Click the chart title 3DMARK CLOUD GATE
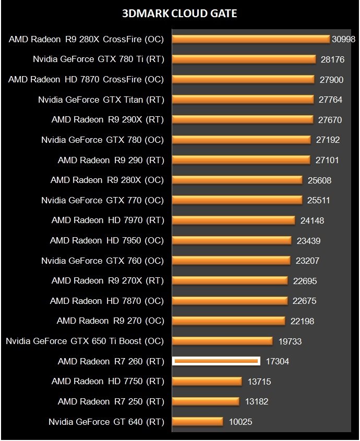(x=179, y=14)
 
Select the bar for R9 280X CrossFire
(x=250, y=39)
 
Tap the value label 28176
(x=332, y=59)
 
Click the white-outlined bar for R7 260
(x=216, y=361)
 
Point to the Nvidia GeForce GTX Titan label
(x=101, y=100)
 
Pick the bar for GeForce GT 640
(x=197, y=421)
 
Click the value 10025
(x=240, y=422)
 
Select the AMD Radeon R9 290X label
(x=107, y=119)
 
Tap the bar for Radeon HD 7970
(x=233, y=220)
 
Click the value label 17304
(x=277, y=361)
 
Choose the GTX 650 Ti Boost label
(x=85, y=341)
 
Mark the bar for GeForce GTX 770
(x=237, y=200)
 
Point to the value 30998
(x=343, y=40)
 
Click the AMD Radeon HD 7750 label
(x=107, y=381)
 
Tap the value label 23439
(x=307, y=241)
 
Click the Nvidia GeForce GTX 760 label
(x=102, y=260)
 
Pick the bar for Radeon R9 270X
(x=230, y=280)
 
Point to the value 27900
(x=331, y=80)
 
